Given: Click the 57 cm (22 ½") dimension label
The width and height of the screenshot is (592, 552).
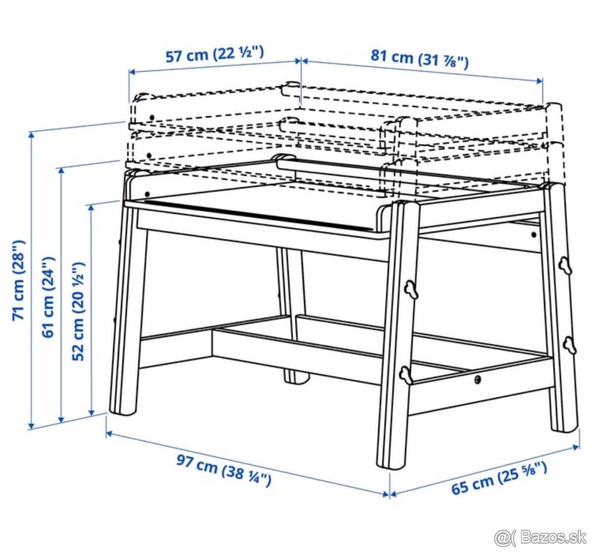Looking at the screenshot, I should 215,54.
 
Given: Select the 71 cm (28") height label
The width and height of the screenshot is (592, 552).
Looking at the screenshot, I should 18,280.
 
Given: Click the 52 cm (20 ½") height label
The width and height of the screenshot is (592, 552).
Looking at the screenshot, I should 78,311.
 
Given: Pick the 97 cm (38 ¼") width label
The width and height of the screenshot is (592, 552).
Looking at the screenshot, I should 224,470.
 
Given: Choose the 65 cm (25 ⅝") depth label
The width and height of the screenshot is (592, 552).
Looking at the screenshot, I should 499,478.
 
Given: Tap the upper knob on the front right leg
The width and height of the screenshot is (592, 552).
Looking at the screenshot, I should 411,290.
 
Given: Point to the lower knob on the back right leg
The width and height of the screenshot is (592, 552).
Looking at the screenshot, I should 570,344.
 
